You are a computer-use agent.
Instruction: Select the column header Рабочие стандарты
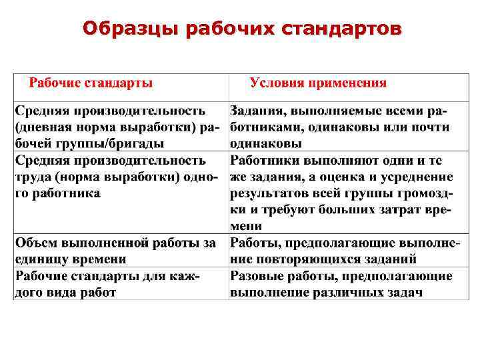click(91, 83)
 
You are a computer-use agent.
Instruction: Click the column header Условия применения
click(318, 83)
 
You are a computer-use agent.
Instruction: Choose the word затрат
click(377, 211)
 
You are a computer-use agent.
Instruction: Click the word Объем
click(37, 241)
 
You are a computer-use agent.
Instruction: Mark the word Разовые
click(256, 276)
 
